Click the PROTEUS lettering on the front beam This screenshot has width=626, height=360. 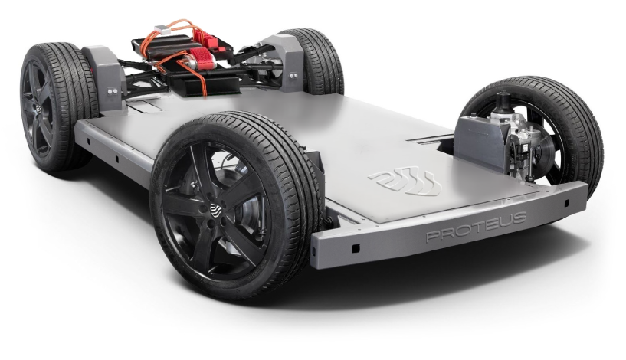click(477, 226)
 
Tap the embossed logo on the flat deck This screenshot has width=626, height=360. click(405, 182)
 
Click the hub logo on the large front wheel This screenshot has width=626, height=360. click(216, 210)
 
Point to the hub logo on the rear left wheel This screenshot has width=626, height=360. click(38, 110)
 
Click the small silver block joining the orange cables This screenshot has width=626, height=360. click(161, 29)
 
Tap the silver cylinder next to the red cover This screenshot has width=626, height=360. click(189, 61)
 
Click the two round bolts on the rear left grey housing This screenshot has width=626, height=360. click(112, 91)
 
